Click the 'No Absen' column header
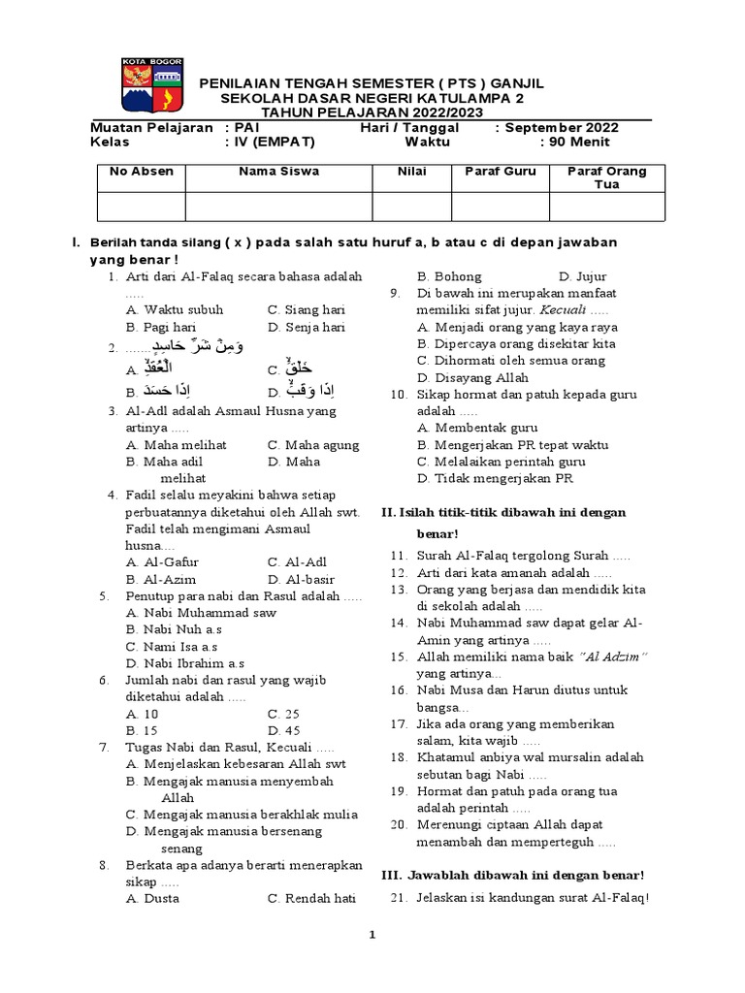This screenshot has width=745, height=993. (x=142, y=172)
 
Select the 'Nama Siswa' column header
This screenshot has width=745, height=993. (x=279, y=172)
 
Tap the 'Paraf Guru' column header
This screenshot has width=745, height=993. (x=500, y=172)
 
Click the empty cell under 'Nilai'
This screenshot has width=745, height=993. (x=411, y=207)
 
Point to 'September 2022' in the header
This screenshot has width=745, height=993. (x=562, y=127)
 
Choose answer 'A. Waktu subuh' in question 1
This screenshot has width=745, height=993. (x=175, y=310)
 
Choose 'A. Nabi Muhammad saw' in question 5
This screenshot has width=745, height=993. (x=201, y=613)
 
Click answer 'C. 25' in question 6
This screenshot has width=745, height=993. (x=282, y=714)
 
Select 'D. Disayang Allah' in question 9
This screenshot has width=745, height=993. (x=472, y=377)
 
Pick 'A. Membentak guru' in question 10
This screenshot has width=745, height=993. (x=471, y=428)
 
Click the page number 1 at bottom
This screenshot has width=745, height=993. (x=372, y=935)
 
